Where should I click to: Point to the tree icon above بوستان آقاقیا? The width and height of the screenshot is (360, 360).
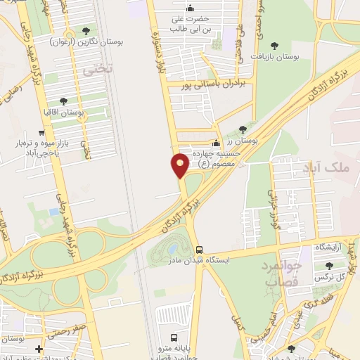pyautogui.click(x=63, y=101)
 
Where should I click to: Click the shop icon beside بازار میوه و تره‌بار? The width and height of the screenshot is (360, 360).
pyautogui.click(x=43, y=132)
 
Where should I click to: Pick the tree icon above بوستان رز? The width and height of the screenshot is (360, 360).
pyautogui.click(x=243, y=129)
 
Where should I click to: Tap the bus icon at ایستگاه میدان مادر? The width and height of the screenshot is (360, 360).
pyautogui.click(x=199, y=250)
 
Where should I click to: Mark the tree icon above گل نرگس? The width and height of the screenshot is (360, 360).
pyautogui.click(x=330, y=265)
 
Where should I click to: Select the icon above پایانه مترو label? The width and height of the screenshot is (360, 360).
pyautogui.click(x=174, y=336)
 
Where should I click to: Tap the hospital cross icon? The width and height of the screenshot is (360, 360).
pyautogui.click(x=39, y=348)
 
